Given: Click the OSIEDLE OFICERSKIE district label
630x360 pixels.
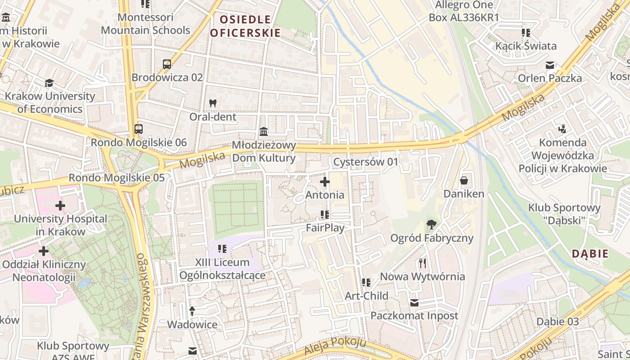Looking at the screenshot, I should pyautogui.click(x=245, y=26).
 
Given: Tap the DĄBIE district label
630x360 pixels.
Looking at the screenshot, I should pyautogui.click(x=590, y=254).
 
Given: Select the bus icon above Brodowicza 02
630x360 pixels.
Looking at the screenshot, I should pyautogui.click(x=167, y=64).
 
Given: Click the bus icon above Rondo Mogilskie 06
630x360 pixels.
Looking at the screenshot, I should pyautogui.click(x=139, y=129).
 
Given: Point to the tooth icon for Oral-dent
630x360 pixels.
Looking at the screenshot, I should pyautogui.click(x=213, y=103).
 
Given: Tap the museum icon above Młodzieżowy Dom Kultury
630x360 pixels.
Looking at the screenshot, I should pyautogui.click(x=264, y=132).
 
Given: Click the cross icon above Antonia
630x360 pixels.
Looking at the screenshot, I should pyautogui.click(x=324, y=182).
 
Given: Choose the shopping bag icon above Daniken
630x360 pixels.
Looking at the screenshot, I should pyautogui.click(x=464, y=181).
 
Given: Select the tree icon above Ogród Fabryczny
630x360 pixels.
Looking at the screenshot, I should pyautogui.click(x=432, y=224).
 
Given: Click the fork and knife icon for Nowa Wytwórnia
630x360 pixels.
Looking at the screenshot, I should pyautogui.click(x=422, y=263).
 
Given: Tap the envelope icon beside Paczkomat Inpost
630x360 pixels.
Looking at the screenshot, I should pyautogui.click(x=414, y=303).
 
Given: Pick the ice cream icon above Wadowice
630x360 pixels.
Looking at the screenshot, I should pyautogui.click(x=192, y=311).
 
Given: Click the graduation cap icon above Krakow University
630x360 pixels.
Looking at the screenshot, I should pyautogui.click(x=49, y=83).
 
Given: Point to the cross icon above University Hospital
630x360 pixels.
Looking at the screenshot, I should pyautogui.click(x=60, y=206).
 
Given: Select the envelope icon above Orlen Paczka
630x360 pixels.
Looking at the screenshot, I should pyautogui.click(x=549, y=65).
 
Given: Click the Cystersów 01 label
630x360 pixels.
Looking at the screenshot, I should pyautogui.click(x=366, y=162).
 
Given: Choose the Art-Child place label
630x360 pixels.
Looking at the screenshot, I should pyautogui.click(x=366, y=296).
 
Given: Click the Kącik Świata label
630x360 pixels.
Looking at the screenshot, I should pyautogui.click(x=526, y=46).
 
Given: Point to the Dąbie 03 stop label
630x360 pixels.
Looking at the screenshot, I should pyautogui.click(x=558, y=321).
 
